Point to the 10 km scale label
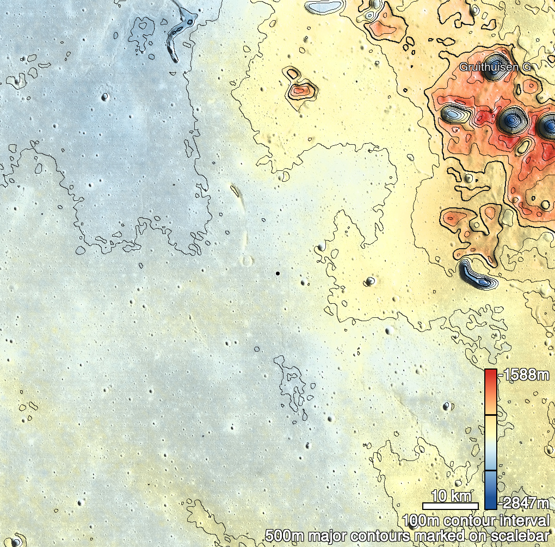(451, 496)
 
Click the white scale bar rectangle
(451, 506)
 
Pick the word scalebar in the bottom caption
(524, 536)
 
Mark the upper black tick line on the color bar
(490, 415)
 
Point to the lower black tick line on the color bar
(490, 470)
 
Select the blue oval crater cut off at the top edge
(324, 6)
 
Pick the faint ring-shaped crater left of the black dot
(248, 261)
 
